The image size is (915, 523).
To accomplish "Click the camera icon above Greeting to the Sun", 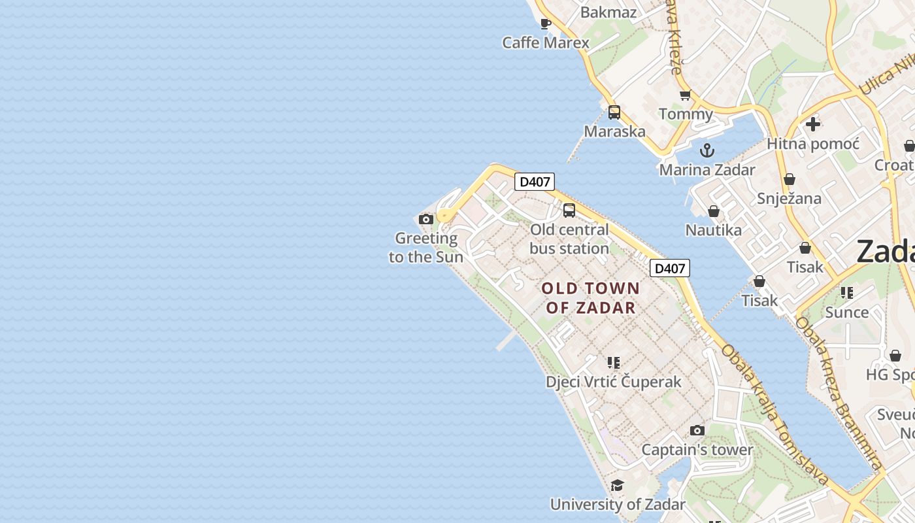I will [x=426, y=220].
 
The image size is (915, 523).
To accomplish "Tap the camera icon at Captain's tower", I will [x=697, y=431].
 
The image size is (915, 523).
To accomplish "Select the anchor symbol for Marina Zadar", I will [x=707, y=151].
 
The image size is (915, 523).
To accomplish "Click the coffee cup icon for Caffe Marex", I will [x=546, y=24].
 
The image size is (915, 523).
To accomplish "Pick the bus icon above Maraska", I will [x=614, y=112].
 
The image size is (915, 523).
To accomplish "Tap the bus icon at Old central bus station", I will [x=569, y=211].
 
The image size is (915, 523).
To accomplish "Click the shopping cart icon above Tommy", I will [x=685, y=95].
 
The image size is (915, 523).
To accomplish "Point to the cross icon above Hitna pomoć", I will [x=812, y=124].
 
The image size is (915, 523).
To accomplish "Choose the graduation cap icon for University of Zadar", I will [x=617, y=485].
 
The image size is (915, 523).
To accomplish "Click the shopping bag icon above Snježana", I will [x=789, y=179].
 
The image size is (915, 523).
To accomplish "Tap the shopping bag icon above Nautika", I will [x=714, y=211].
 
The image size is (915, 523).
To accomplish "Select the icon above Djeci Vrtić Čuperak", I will [x=613, y=362].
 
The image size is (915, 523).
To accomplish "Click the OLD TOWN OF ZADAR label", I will [x=591, y=298].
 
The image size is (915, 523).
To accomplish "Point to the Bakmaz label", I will [x=608, y=12].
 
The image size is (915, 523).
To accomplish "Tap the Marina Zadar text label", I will [x=707, y=170].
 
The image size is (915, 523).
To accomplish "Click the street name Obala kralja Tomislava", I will [x=774, y=414].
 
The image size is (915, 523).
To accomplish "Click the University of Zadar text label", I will [x=617, y=505].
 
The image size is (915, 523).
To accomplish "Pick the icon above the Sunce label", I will [x=847, y=293].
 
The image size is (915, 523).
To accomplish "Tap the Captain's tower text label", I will [x=697, y=450].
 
